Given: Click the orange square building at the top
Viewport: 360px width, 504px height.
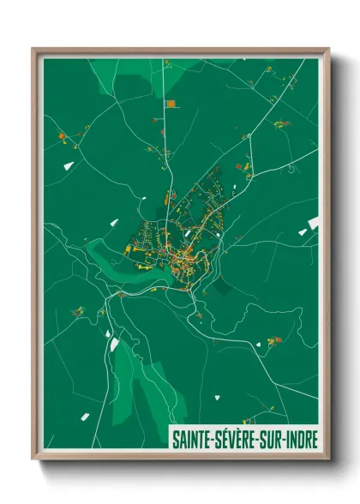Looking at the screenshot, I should (x=170, y=104).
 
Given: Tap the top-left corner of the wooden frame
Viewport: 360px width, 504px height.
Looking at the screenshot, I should (x=33, y=50).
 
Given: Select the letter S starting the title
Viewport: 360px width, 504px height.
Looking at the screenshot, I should (x=175, y=438).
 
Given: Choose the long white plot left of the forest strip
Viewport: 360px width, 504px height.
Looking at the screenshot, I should (x=114, y=344).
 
